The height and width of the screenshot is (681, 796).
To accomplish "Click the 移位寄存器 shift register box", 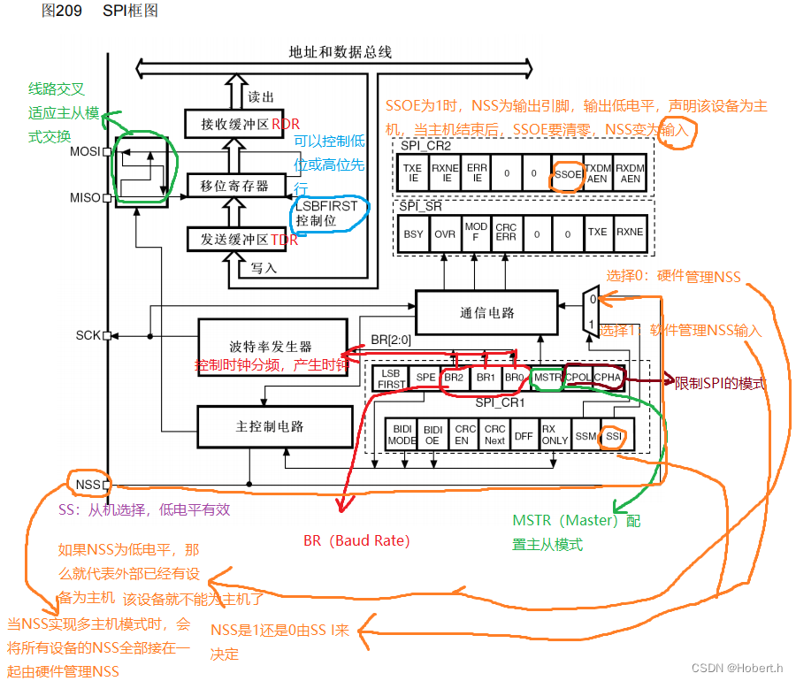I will tap(234, 186).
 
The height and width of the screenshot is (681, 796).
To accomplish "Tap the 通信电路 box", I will tap(486, 312).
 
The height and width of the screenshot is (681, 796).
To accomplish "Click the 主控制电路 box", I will tap(270, 426).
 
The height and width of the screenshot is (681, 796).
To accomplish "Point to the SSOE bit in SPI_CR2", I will tap(567, 174).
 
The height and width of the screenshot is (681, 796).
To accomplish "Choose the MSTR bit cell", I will tap(547, 378).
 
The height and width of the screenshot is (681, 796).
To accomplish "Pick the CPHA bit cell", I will tap(608, 378).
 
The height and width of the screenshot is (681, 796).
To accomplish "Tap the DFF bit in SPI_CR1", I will tap(524, 435).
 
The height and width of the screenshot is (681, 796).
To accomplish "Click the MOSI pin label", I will tap(85, 151).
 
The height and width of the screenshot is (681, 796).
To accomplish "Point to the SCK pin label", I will tap(88, 335).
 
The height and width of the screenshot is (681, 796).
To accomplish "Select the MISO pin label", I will tap(85, 198).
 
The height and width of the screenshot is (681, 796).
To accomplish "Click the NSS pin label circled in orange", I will tap(87, 485).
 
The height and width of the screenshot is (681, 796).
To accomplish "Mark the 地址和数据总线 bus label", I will tap(340, 52).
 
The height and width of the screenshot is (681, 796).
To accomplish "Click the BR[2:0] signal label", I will tap(391, 340).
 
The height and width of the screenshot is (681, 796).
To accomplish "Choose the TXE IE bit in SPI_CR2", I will tap(412, 174).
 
